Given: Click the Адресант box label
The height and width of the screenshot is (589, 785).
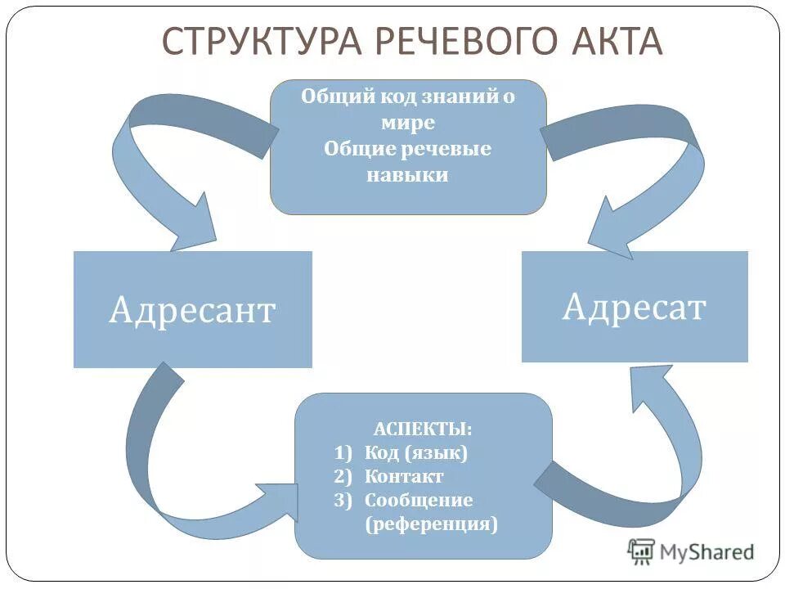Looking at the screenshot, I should pos(192,311).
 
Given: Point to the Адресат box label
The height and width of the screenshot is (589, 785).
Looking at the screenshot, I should pos(634,307).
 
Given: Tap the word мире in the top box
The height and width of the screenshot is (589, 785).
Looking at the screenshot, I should pos(407,123).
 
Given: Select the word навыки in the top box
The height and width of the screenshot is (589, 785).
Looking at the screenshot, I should pos(407,174).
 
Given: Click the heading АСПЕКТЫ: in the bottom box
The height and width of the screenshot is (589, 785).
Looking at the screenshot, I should pos(423,429).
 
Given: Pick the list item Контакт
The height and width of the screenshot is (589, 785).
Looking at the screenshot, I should pos(404,476).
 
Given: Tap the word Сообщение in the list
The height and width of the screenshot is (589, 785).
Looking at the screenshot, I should pos(419,500).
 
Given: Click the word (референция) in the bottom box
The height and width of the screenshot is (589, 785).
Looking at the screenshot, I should pos(431,524).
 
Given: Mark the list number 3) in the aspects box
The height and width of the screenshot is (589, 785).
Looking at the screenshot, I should pos(343,500).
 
